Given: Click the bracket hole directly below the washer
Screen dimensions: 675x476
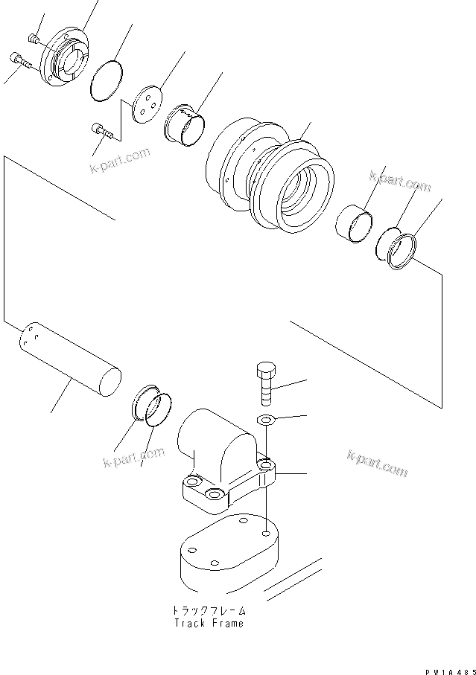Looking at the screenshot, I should (266, 466).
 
